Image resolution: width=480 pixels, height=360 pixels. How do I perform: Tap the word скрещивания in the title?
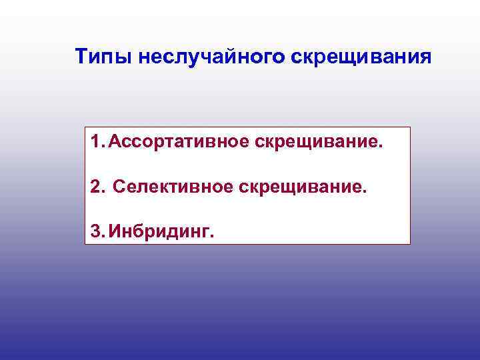point(361,58)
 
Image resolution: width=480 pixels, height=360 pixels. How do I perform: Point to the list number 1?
point(96,142)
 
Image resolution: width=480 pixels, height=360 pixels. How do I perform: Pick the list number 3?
point(97,231)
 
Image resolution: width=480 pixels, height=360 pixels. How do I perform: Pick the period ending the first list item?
point(383,147)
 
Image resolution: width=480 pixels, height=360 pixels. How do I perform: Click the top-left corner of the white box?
point(85,127)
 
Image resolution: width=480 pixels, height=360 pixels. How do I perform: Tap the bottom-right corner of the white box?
point(410,244)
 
